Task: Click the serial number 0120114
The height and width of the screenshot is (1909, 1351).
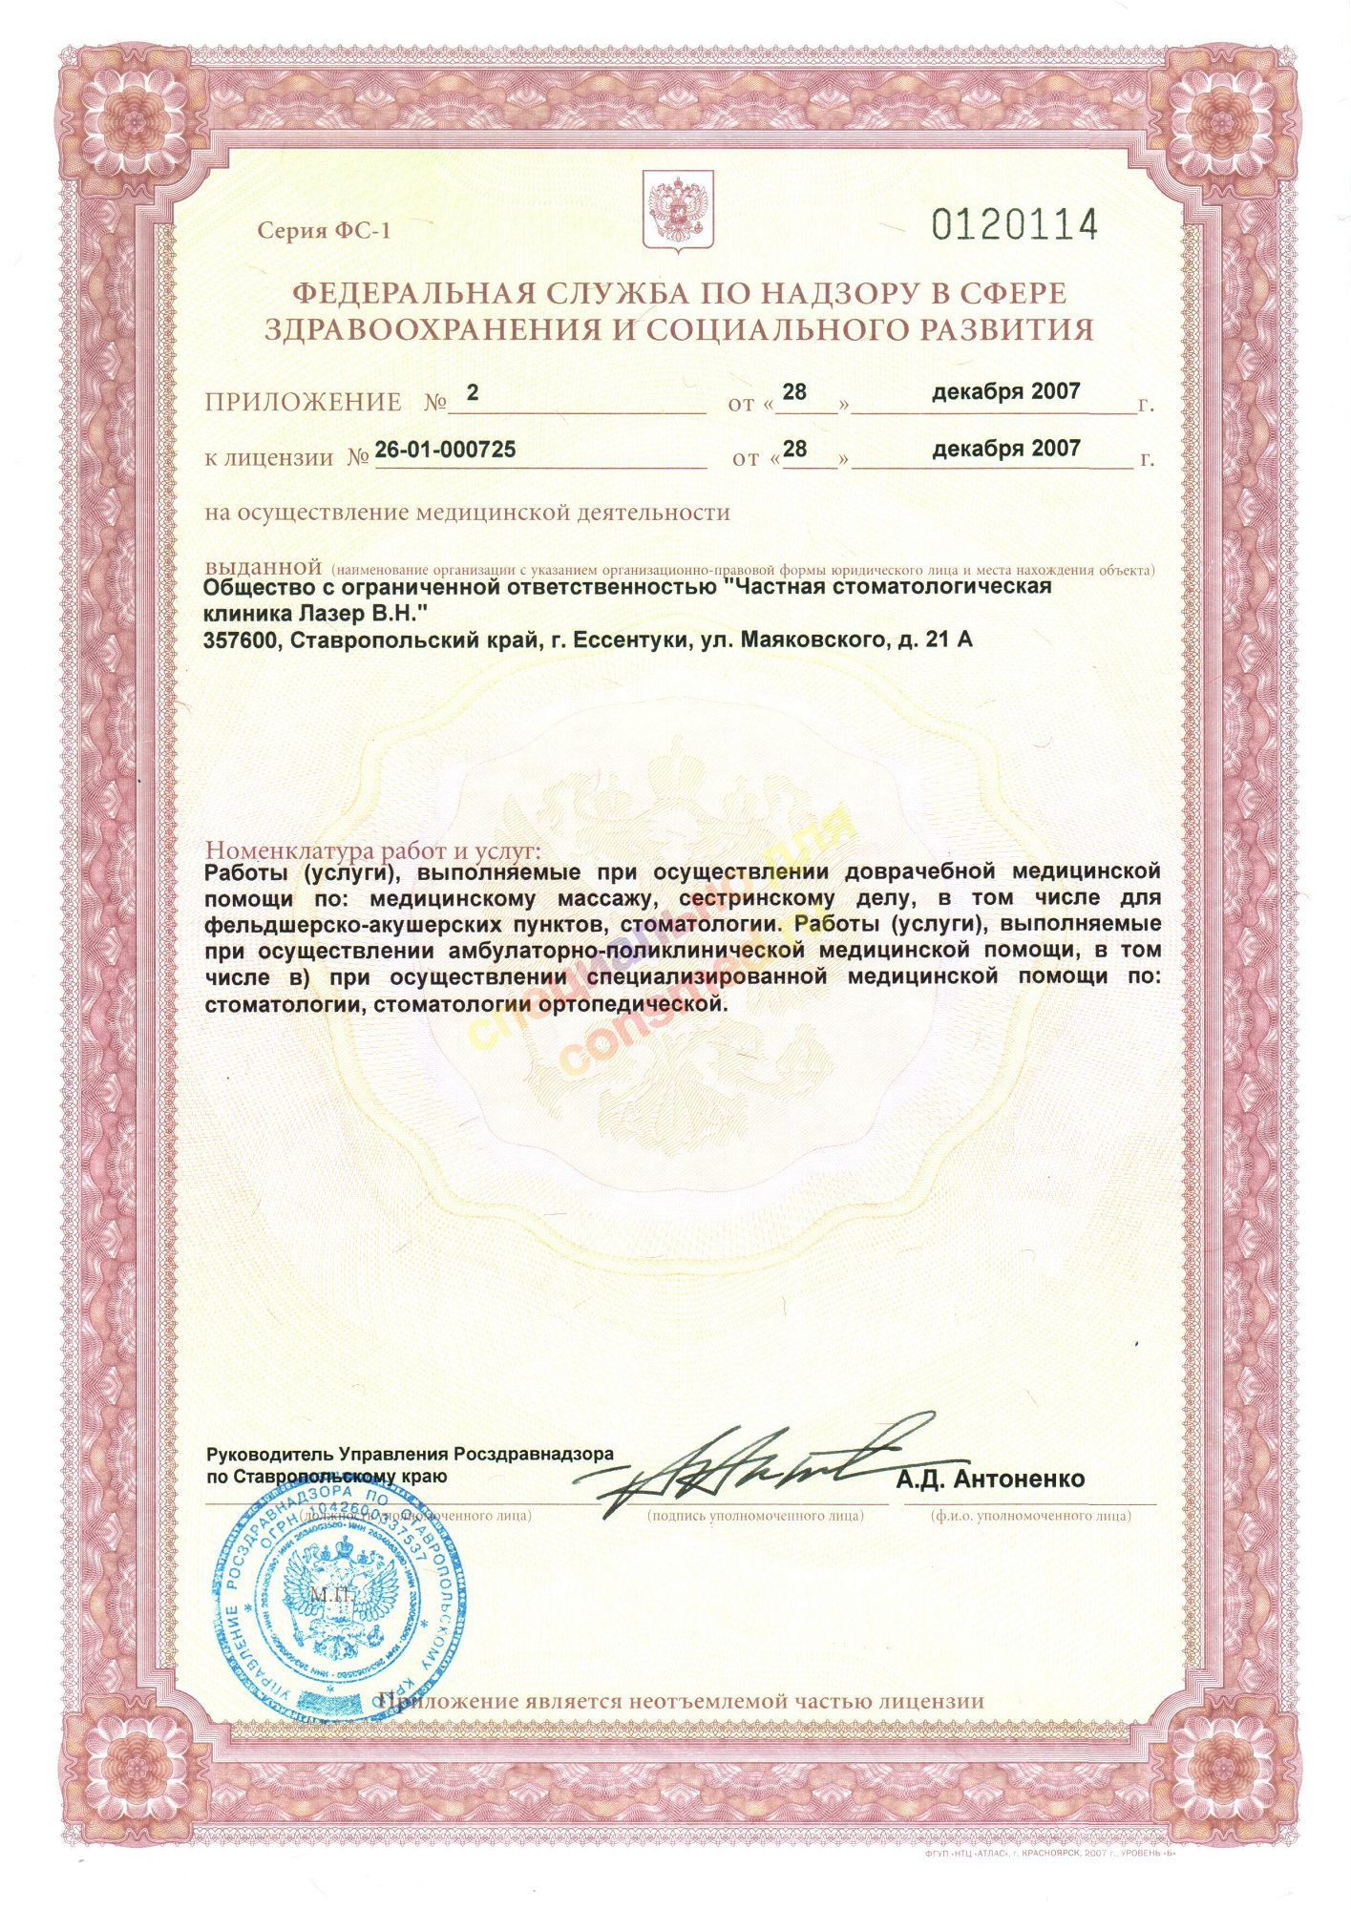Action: (1014, 225)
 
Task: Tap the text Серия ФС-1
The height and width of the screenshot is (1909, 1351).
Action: (324, 231)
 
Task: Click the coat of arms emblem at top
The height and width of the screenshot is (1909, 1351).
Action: (680, 212)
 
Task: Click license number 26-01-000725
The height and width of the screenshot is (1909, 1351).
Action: (445, 449)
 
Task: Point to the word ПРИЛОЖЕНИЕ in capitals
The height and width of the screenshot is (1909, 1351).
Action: (303, 403)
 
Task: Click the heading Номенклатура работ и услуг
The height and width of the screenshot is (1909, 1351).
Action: (373, 850)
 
